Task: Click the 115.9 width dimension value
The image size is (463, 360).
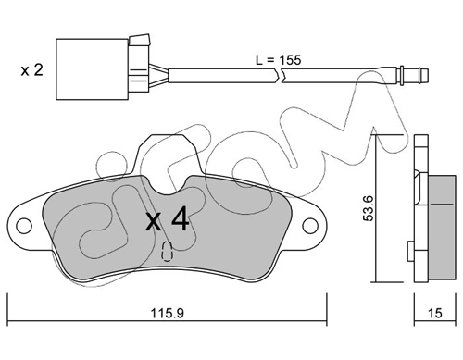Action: (167, 314)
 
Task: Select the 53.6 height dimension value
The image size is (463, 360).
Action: (369, 208)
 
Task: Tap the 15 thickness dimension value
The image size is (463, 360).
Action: (435, 314)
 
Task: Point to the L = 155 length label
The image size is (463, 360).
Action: (278, 60)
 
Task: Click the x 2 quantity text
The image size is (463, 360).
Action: (32, 70)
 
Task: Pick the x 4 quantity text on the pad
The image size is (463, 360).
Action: (167, 219)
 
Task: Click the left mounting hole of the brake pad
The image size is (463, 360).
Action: (24, 226)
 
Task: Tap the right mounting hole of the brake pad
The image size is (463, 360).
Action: (310, 226)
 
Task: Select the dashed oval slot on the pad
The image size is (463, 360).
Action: (167, 251)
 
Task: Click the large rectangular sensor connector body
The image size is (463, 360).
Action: (92, 69)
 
